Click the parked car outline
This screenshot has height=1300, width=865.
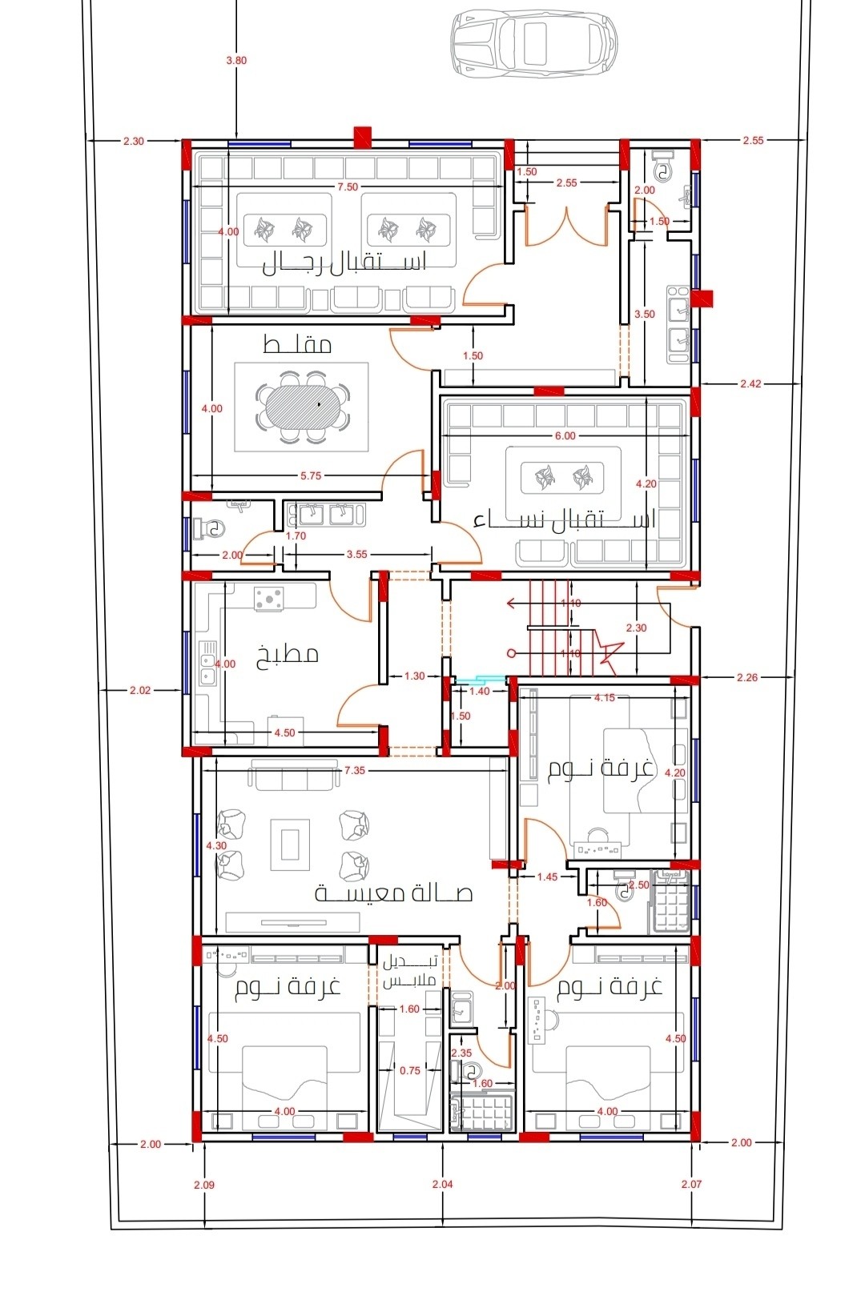click(533, 44)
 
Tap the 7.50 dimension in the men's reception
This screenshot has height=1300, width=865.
click(347, 187)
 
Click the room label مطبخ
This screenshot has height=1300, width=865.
click(288, 655)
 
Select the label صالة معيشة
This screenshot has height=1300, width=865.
click(393, 893)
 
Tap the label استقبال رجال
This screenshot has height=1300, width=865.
click(344, 264)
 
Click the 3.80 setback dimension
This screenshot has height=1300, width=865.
click(236, 60)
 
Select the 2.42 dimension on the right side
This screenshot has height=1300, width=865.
click(750, 383)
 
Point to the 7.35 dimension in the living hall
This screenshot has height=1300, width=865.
click(354, 770)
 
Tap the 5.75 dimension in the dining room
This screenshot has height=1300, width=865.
click(311, 475)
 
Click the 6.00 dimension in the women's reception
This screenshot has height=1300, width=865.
click(565, 435)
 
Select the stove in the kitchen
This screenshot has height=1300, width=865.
click(269, 598)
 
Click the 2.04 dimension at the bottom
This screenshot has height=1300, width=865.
click(442, 1184)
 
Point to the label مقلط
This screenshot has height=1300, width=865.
click(297, 345)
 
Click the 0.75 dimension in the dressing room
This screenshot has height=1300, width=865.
click(410, 1071)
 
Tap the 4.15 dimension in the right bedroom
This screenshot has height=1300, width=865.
click(605, 697)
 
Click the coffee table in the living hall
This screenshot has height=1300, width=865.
click(290, 845)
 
